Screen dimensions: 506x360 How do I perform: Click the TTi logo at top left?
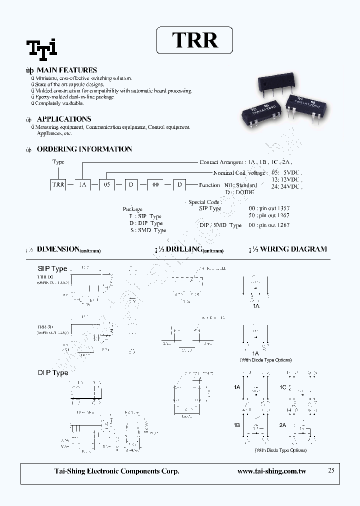coord(42,47)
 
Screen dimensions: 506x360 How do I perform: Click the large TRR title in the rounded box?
coord(195,40)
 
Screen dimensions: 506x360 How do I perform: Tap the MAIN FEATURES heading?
coord(67,70)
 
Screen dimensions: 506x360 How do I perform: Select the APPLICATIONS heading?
coord(64,119)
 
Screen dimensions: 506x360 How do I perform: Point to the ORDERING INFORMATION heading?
coord(84,149)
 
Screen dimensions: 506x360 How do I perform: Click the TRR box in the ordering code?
coord(58,185)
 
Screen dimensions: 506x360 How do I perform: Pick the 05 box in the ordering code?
coord(106,185)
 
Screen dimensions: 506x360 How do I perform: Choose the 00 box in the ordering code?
coord(155,185)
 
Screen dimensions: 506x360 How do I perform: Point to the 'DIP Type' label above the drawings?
coord(53,372)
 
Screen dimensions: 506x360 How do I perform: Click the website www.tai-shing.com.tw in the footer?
coord(271,471)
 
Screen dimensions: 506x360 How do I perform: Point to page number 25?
coord(331,470)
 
